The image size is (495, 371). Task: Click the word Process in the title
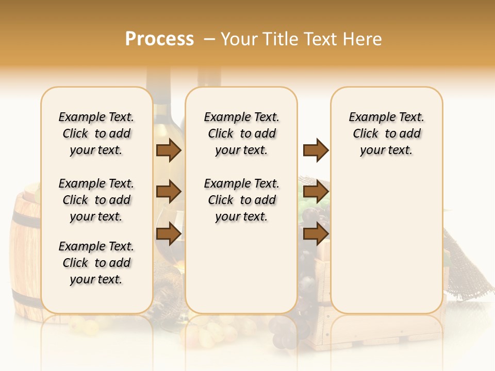tap(159, 39)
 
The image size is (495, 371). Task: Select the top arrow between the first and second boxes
tap(169, 150)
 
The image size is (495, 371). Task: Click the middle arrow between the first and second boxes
tap(169, 192)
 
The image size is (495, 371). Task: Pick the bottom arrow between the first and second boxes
tap(169, 233)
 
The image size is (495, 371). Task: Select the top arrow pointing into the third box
tap(316, 150)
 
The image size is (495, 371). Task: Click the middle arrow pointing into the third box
tap(316, 192)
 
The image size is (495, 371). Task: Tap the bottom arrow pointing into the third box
tap(316, 233)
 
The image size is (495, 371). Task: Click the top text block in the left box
tap(96, 133)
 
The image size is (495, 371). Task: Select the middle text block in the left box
tap(96, 200)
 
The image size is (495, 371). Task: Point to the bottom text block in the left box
tap(96, 263)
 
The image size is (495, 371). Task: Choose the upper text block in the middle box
tap(241, 133)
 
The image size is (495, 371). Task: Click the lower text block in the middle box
tap(241, 200)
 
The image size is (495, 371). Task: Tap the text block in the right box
tap(386, 133)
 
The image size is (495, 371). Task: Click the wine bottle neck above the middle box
tap(209, 77)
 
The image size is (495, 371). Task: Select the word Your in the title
tap(239, 39)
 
